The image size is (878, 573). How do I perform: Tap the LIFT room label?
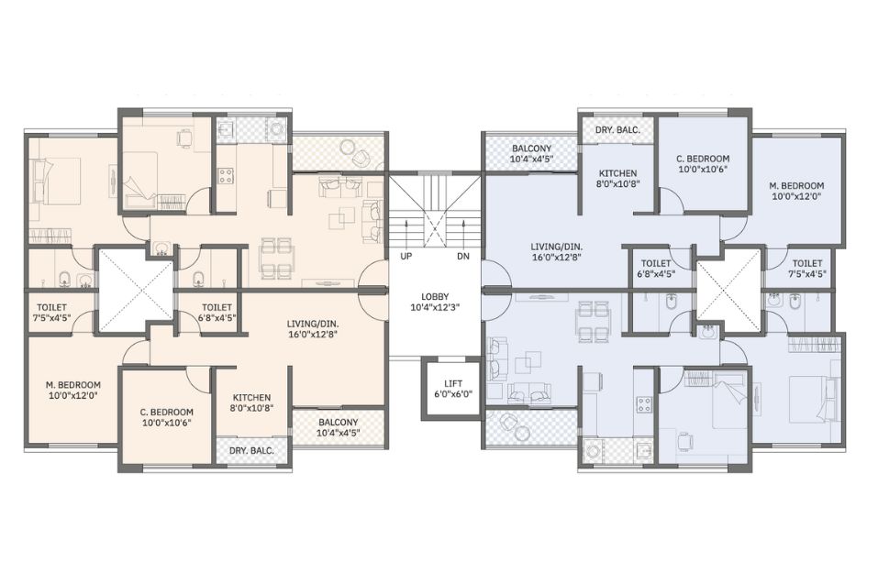click(453, 389)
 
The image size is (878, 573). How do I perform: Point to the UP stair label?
click(406, 257)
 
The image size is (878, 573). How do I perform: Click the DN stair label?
click(463, 257)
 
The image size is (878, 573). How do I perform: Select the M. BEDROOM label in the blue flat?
click(796, 191)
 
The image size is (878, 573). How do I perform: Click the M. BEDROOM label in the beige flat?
click(72, 390)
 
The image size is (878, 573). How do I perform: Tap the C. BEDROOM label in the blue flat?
click(702, 163)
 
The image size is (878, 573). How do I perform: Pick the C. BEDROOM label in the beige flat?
click(166, 417)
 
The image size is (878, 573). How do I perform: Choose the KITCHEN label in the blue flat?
click(617, 178)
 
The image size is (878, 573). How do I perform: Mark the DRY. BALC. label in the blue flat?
click(617, 130)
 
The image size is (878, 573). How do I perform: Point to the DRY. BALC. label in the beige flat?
click(251, 450)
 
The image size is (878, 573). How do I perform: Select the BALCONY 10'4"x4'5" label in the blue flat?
click(531, 153)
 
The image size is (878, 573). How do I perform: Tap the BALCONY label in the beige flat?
click(339, 422)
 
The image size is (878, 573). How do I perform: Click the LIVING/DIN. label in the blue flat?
click(557, 252)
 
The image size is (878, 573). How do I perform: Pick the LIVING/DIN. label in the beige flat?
click(313, 329)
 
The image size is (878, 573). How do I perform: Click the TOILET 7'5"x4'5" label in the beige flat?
click(51, 313)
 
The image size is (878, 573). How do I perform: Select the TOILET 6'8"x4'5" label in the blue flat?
click(656, 268)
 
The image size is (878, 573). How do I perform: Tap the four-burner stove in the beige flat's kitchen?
click(225, 176)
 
